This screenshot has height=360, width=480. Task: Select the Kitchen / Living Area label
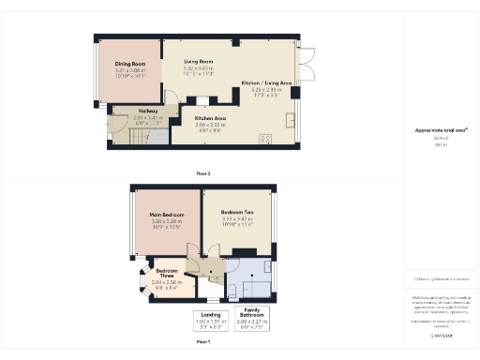266,83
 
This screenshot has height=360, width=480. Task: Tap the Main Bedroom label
167,215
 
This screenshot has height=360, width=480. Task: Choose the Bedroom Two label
236,213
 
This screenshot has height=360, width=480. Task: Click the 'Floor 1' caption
202,343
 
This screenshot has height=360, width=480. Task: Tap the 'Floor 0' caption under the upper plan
202,173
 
